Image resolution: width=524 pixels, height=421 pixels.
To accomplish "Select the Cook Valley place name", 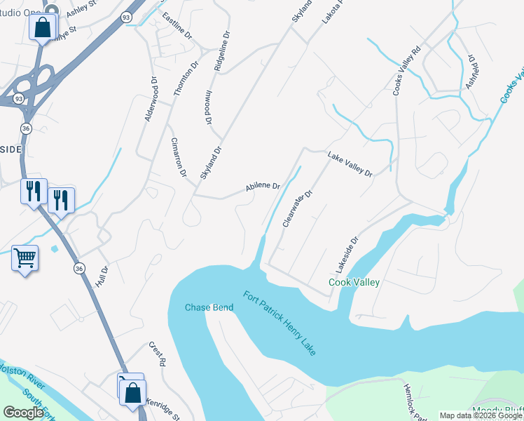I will [x=354, y=282].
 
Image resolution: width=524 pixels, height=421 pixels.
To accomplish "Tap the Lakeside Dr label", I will [x=346, y=254].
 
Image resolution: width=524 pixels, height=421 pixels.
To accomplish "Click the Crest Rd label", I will [x=156, y=354].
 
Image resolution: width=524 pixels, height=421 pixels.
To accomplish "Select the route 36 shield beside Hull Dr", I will [x=79, y=269].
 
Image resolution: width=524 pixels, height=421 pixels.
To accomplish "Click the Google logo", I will [x=24, y=413].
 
